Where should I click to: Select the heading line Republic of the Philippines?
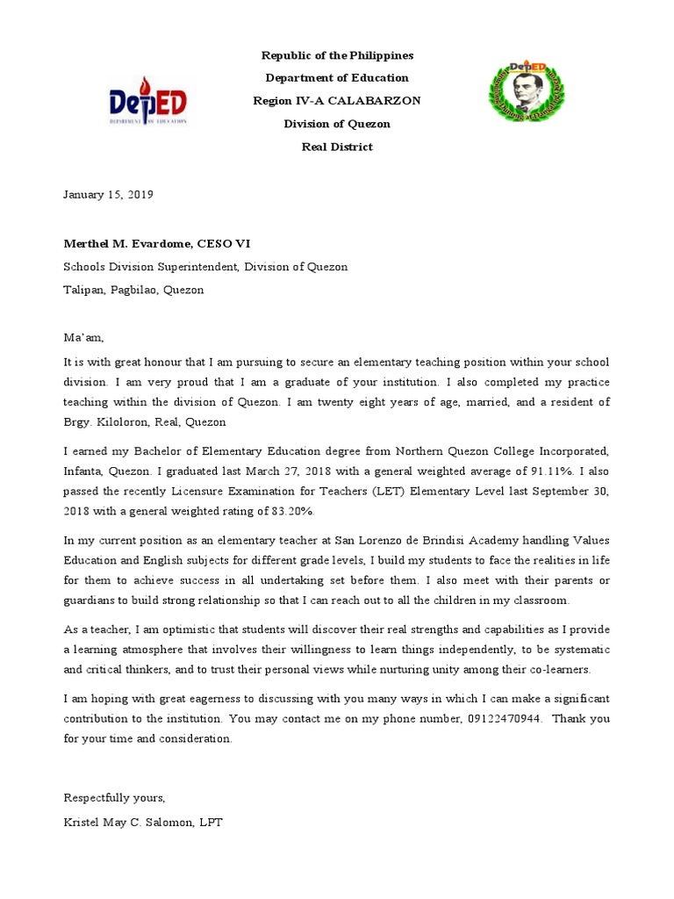[x=337, y=55]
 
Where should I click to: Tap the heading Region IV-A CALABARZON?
[x=337, y=101]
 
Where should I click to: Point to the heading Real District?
[x=337, y=147]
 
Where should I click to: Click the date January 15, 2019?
[x=108, y=195]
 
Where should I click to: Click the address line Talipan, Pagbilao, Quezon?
[x=133, y=290]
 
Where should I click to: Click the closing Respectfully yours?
[x=113, y=797]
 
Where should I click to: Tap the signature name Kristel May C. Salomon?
[x=132, y=823]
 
